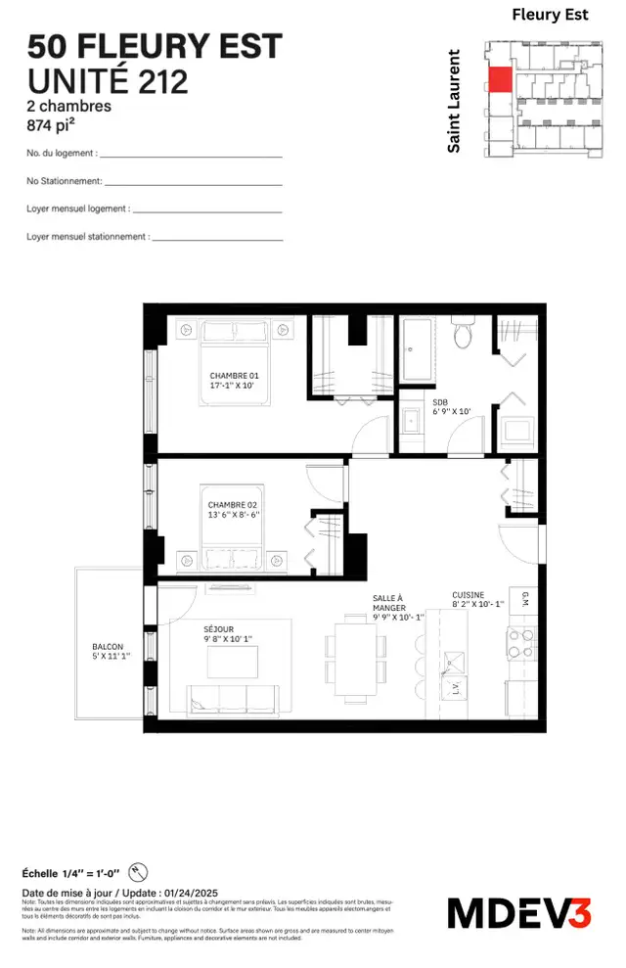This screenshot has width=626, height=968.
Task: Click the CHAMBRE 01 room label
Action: (234, 376)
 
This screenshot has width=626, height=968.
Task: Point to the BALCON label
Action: (108, 647)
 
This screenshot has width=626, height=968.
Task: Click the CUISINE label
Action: (469, 594)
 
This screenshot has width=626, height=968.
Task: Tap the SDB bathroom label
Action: (439, 401)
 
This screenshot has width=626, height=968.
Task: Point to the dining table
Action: (350, 648)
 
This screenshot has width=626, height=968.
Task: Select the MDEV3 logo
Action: (519, 912)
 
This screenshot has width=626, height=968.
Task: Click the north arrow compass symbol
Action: (138, 872)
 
